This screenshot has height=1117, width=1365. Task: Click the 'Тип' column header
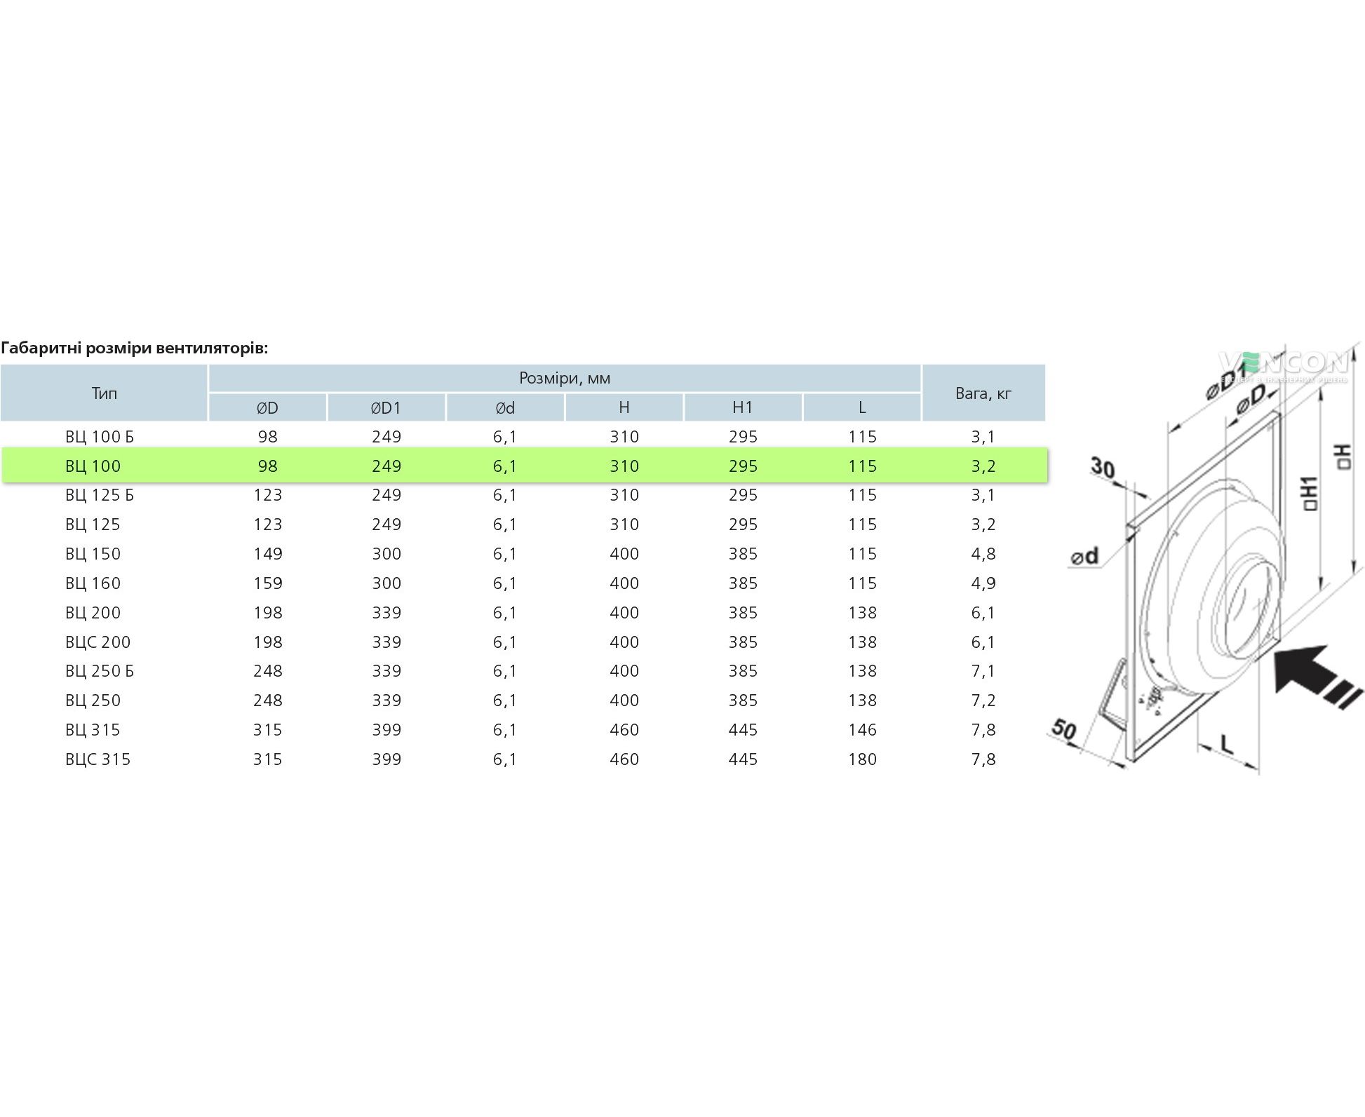point(104,393)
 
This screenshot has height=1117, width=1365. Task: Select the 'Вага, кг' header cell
point(983,393)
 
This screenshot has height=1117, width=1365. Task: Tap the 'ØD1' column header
point(386,408)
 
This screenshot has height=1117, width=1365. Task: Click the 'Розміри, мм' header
point(565,379)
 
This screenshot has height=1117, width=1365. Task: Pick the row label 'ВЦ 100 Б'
point(100,437)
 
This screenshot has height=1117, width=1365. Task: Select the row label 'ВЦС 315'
point(98,759)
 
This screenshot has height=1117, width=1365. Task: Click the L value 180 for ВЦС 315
point(862,759)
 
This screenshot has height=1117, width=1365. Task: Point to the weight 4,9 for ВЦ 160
point(983,583)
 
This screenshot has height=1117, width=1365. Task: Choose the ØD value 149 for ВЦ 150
point(268,554)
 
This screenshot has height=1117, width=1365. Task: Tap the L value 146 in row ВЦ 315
point(862,730)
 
